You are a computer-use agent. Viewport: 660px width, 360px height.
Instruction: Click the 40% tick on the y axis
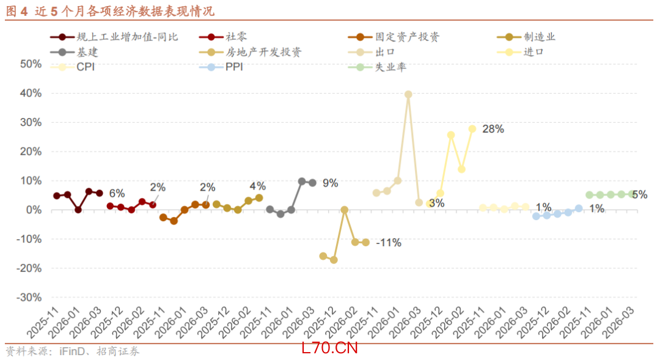point(31,94)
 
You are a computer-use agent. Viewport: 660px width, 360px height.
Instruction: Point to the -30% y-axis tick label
point(29,298)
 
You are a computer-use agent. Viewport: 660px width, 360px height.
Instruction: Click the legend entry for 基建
point(87,52)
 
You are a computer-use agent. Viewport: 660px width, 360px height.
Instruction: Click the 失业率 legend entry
point(390,67)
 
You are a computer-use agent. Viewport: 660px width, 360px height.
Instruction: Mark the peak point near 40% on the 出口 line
point(408,95)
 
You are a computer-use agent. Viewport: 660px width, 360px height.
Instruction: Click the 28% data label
point(493,129)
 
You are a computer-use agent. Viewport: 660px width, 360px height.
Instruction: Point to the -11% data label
point(389,243)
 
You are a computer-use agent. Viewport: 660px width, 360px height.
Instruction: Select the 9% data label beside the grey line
point(331,183)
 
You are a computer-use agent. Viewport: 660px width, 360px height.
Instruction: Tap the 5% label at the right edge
point(639,195)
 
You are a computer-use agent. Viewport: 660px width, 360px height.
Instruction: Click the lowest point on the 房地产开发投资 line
point(334,260)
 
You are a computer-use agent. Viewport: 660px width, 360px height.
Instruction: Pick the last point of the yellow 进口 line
point(472,129)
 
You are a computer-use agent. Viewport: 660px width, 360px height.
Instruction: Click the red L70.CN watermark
point(329,348)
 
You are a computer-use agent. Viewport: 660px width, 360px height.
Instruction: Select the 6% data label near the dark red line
point(117,193)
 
